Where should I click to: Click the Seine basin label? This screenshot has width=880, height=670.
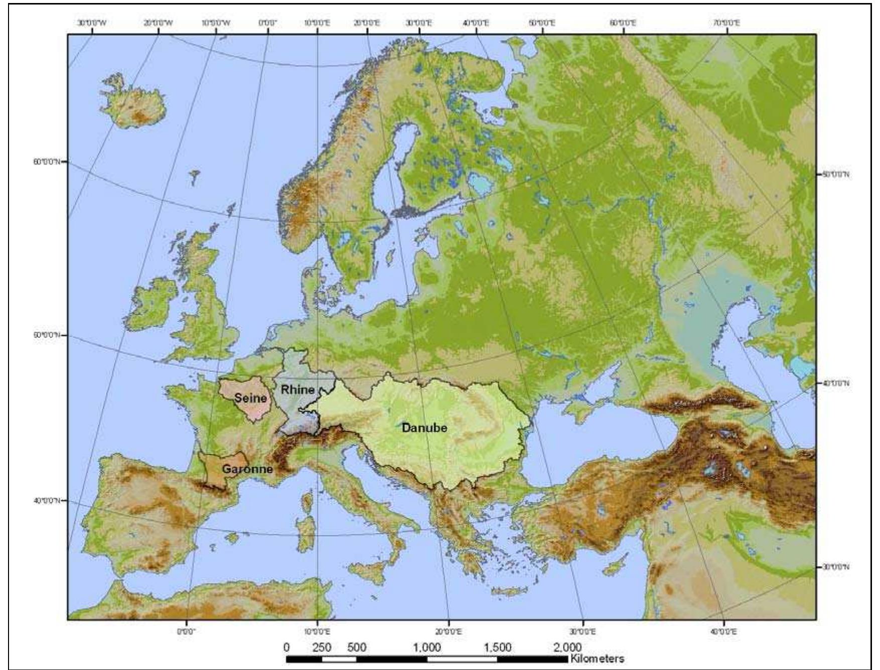point(251,398)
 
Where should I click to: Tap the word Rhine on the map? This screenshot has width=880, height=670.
point(298,389)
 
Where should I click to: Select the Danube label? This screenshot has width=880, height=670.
point(424,428)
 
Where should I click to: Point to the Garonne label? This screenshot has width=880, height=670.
point(247,469)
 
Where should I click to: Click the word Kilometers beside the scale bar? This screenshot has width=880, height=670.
point(597,658)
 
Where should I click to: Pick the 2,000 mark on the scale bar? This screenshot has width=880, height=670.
point(568,647)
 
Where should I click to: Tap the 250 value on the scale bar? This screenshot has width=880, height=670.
point(322,647)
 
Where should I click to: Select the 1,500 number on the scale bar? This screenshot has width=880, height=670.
point(497,647)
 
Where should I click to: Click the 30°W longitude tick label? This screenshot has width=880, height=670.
point(92,23)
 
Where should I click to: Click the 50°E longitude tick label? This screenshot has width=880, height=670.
point(542,23)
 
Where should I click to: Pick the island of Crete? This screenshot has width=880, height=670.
point(510,591)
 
